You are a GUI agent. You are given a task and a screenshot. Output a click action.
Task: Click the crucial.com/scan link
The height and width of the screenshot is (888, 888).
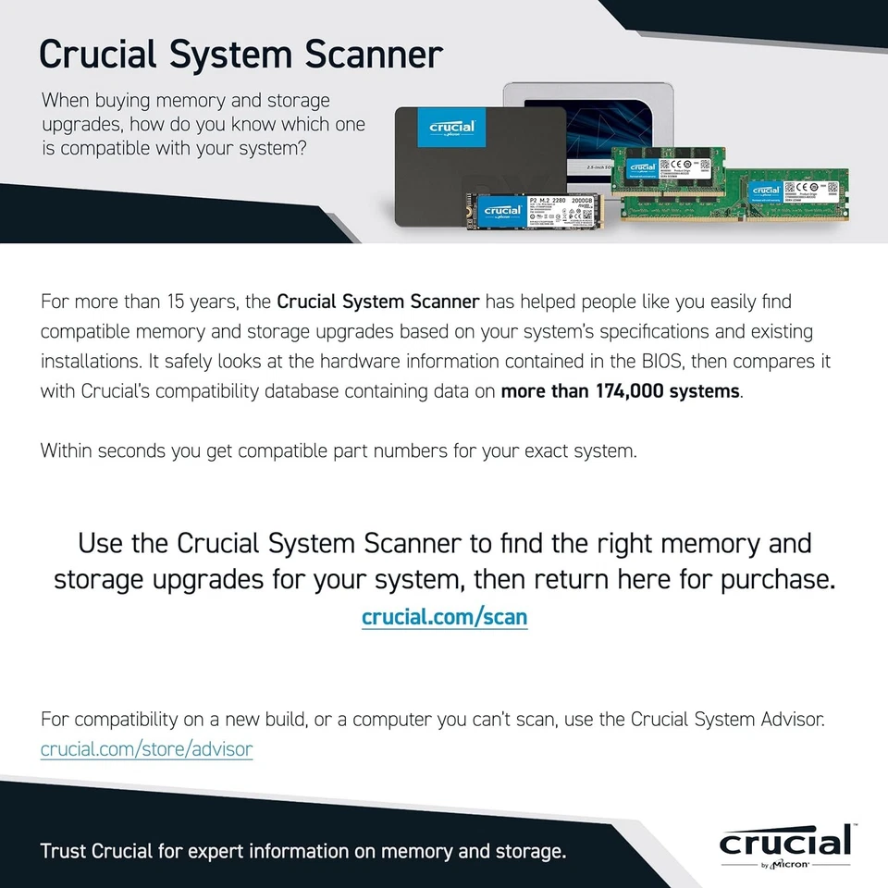(x=444, y=617)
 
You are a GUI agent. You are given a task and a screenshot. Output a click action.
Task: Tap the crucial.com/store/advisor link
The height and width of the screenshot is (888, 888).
(x=146, y=748)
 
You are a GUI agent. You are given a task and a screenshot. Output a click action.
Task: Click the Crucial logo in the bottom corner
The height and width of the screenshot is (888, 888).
(x=784, y=843)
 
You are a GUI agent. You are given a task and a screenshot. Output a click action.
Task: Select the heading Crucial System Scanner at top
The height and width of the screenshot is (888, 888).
(x=240, y=54)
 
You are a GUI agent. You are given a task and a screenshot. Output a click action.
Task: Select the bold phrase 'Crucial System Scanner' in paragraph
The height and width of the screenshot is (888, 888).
(x=378, y=302)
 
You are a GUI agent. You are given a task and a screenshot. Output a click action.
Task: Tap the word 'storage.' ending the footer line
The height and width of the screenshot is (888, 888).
(x=531, y=851)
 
